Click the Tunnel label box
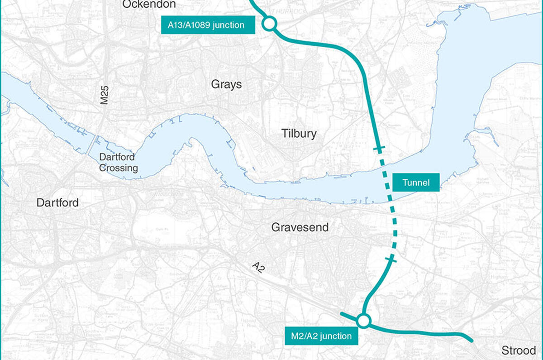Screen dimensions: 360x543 pos(416,182)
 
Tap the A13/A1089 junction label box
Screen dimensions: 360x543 pos(209,25)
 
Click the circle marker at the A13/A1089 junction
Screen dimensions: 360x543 pos(269,24)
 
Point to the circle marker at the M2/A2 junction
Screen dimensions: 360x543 pos(363,321)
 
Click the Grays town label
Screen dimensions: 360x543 pos(226,85)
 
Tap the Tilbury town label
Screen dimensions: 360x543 pos(299,134)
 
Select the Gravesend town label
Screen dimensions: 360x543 pos(300,227)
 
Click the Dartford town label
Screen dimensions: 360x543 pos(57,202)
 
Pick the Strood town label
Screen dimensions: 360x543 pos(518,350)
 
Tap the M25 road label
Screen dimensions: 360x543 pos(105,96)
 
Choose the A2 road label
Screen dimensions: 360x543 pos(258,268)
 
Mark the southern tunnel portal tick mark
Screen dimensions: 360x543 pos(391,259)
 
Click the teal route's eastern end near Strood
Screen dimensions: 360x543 pos(471,340)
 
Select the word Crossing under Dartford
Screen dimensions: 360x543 pos(119,168)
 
